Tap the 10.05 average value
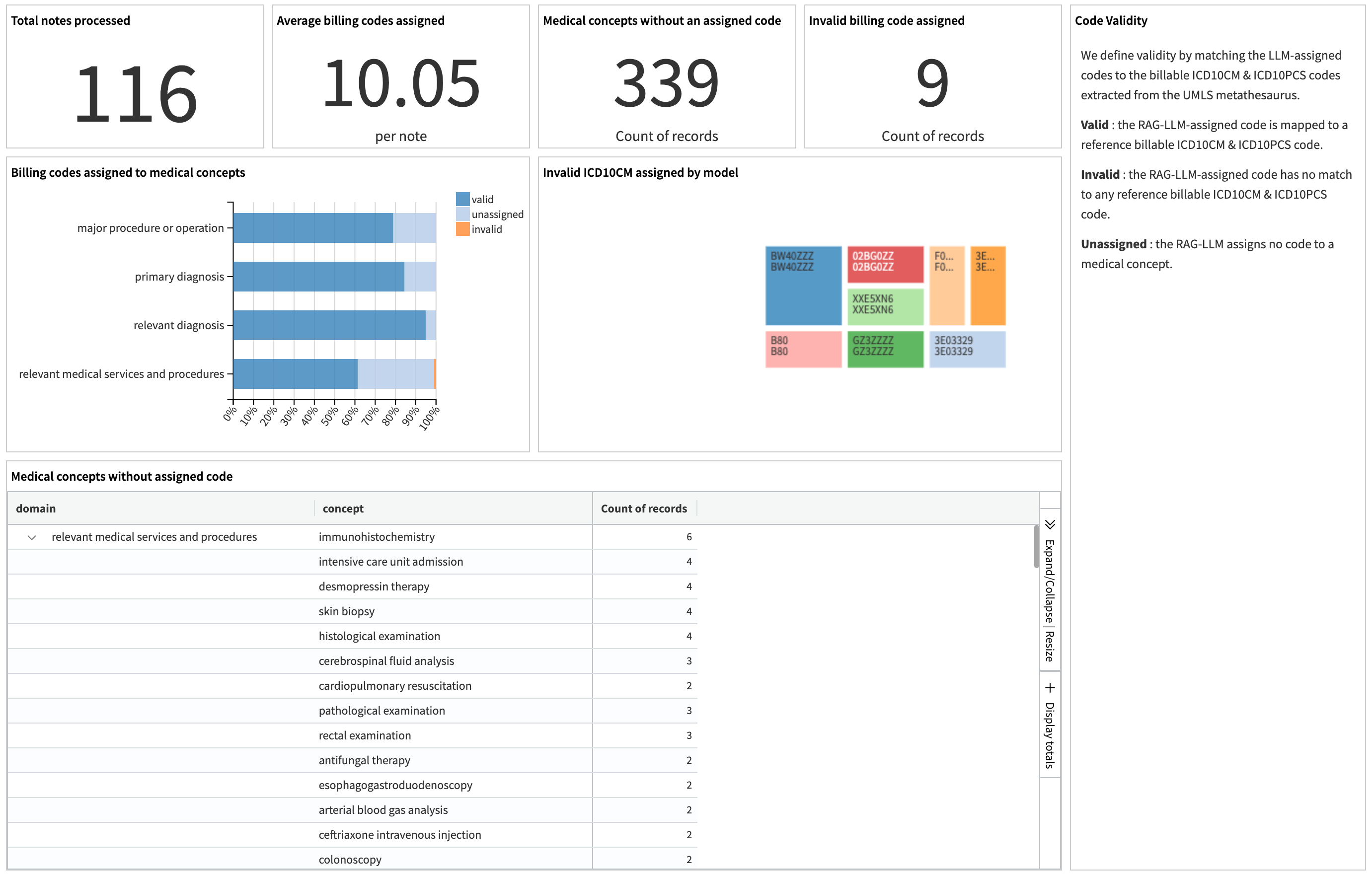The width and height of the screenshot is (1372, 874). tap(400, 84)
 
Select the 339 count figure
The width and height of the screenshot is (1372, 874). tap(666, 84)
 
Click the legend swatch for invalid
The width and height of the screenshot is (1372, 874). tap(462, 229)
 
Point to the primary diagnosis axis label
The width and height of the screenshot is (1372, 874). tap(179, 277)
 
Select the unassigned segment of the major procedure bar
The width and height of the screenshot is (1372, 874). tap(414, 228)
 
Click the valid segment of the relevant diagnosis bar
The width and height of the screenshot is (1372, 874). tap(329, 325)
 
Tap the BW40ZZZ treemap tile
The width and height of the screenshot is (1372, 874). tap(803, 286)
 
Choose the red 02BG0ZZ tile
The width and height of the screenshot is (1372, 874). tap(885, 264)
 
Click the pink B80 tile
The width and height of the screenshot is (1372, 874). tap(803, 349)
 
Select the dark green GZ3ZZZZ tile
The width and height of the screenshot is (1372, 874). tap(885, 349)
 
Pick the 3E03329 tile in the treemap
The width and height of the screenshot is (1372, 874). tap(967, 349)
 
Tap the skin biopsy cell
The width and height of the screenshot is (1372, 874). tap(346, 611)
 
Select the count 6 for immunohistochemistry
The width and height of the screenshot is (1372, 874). tap(689, 537)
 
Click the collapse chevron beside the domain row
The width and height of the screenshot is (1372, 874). tap(32, 537)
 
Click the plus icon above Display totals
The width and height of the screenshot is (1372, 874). tap(1050, 688)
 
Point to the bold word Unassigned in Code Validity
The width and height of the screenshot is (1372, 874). tap(1113, 244)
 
